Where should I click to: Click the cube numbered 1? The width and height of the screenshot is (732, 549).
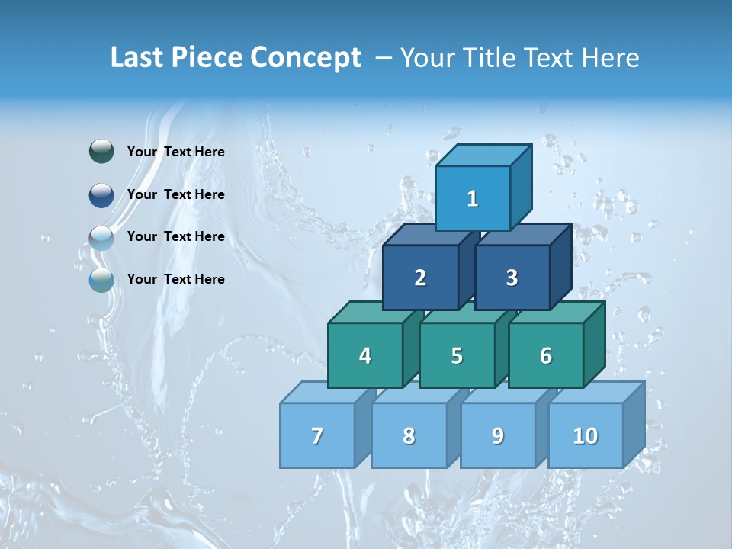pyautogui.click(x=473, y=198)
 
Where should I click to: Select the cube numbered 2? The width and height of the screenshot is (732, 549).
pyautogui.click(x=420, y=278)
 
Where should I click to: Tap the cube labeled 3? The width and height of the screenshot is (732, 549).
pyautogui.click(x=512, y=278)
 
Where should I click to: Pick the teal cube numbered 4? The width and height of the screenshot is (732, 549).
pyautogui.click(x=365, y=355)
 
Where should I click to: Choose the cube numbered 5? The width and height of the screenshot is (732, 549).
pyautogui.click(x=457, y=355)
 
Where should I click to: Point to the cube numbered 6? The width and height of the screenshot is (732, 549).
pyautogui.click(x=546, y=355)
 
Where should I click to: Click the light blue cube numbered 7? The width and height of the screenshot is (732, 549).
pyautogui.click(x=317, y=435)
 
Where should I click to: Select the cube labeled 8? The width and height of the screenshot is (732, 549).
pyautogui.click(x=409, y=435)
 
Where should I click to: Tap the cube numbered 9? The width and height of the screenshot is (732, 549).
pyautogui.click(x=497, y=435)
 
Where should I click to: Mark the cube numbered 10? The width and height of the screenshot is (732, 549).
pyautogui.click(x=585, y=435)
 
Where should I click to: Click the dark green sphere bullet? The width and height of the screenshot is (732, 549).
pyautogui.click(x=101, y=152)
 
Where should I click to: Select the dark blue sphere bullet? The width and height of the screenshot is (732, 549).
pyautogui.click(x=101, y=194)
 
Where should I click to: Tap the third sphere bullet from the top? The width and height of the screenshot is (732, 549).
pyautogui.click(x=101, y=237)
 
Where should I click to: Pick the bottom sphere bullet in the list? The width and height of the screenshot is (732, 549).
pyautogui.click(x=101, y=279)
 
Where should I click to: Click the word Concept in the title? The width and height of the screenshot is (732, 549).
pyautogui.click(x=305, y=58)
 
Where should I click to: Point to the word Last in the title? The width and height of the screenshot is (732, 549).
pyautogui.click(x=139, y=58)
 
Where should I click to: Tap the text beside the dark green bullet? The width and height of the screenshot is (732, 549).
pyautogui.click(x=176, y=152)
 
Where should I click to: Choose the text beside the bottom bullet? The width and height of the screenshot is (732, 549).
pyautogui.click(x=176, y=279)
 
